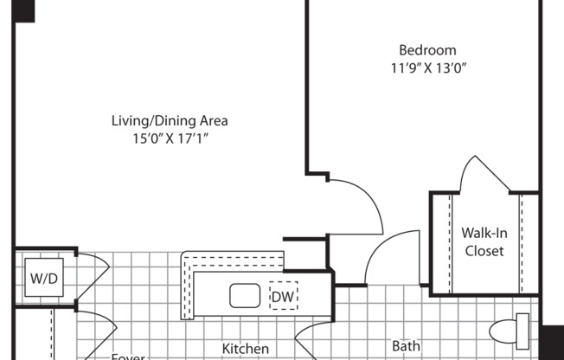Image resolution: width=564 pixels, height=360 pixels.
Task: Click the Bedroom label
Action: point(427,50)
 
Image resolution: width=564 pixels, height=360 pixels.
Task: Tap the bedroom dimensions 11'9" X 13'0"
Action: point(427,67)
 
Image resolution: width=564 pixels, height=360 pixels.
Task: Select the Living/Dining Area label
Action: point(170,120)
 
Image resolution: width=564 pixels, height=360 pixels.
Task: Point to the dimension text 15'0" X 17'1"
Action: point(170,138)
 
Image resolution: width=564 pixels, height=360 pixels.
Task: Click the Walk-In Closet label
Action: point(484,241)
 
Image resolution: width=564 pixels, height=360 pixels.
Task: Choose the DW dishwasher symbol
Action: point(282,297)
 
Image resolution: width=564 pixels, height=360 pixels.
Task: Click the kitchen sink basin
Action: point(245,296)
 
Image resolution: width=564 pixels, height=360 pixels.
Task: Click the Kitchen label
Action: point(246,348)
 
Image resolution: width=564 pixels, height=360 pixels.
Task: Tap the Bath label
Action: point(406,346)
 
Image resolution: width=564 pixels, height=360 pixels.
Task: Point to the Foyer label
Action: point(127,355)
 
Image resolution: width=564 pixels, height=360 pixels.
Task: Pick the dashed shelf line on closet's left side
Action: point(451,242)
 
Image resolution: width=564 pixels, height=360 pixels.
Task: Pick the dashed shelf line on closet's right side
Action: point(521,242)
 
